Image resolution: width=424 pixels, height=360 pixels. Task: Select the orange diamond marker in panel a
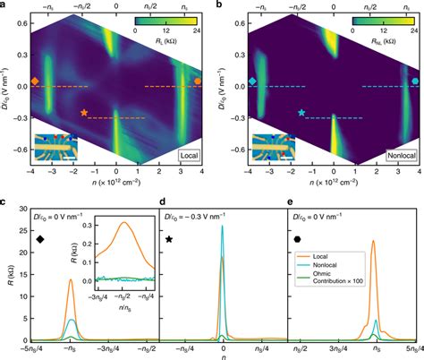click(x=34, y=82)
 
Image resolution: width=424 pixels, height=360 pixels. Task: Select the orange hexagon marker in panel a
click(x=198, y=82)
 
